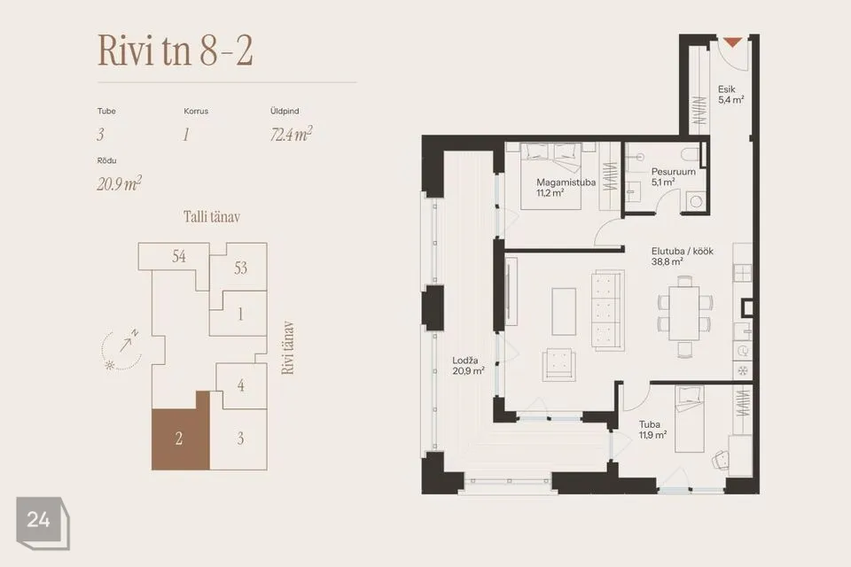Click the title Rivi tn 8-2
175,50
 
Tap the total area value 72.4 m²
291,134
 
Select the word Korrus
196,111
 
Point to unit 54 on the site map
178,256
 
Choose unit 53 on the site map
240,268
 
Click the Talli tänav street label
212,217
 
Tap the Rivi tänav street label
288,347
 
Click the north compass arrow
126,343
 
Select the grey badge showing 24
43,522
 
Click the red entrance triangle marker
732,42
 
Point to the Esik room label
730,95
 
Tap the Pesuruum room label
673,177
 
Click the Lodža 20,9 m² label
468,366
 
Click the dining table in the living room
683,313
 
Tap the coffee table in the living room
564,312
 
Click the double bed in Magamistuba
550,175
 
